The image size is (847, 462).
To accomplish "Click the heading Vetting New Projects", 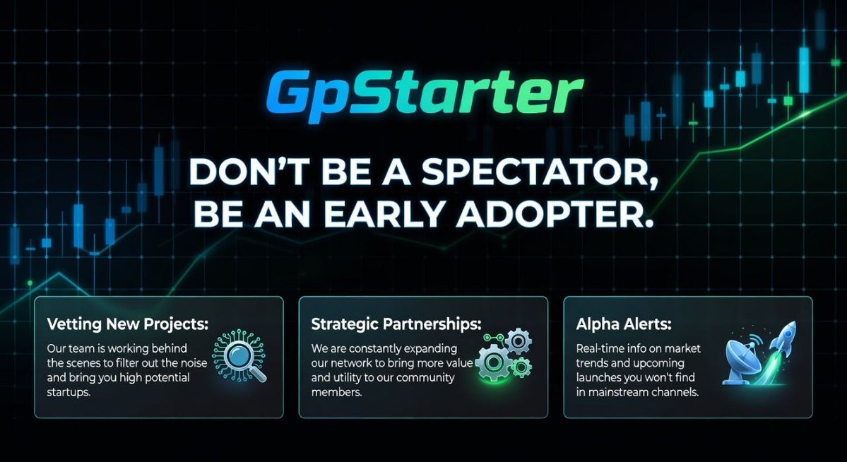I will pos(128,324).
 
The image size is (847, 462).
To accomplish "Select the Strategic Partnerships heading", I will pos(396,324).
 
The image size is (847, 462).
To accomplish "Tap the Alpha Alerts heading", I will pos(624,324).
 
